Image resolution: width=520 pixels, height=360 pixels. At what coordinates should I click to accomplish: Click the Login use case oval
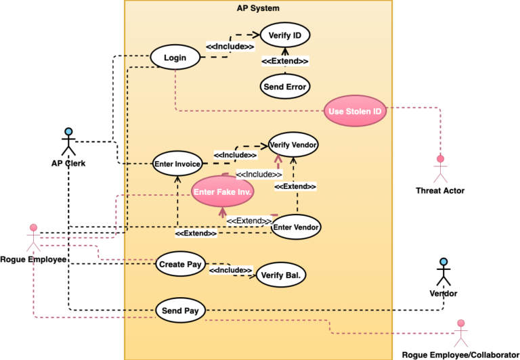(175, 58)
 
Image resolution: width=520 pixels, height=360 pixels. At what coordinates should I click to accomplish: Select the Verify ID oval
(284, 35)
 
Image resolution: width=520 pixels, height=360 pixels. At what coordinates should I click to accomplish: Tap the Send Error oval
(284, 87)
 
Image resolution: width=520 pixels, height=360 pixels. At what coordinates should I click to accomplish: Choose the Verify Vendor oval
(293, 145)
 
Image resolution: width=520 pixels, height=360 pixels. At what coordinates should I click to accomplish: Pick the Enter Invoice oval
(177, 164)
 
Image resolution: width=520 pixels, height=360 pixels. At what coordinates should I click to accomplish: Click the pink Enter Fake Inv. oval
(223, 192)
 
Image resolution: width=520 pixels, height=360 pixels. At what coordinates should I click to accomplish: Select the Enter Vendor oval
(296, 227)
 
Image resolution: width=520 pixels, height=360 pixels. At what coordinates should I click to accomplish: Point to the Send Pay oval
(180, 311)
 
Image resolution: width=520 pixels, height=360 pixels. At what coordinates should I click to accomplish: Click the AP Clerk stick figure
(68, 141)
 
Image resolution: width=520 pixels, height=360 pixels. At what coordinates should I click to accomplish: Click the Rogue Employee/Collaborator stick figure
(461, 333)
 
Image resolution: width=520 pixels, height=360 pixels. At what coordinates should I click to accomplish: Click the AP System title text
(258, 8)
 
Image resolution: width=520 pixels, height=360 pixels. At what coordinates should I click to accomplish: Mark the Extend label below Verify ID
(285, 61)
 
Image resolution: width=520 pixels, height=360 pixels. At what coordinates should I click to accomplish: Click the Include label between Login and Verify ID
(230, 47)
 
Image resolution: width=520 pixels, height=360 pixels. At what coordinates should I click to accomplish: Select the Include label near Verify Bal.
(230, 270)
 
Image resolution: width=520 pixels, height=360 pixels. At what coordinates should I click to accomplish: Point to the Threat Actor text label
(440, 191)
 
